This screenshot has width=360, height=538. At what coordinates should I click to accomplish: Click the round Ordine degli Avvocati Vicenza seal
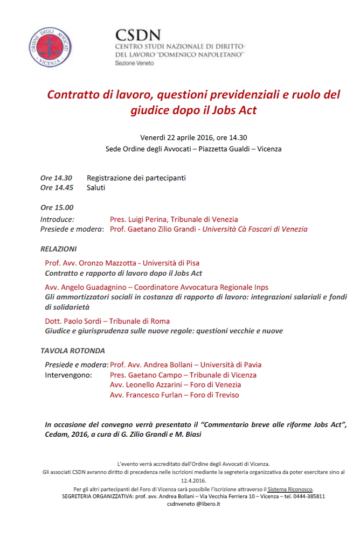(x=50, y=47)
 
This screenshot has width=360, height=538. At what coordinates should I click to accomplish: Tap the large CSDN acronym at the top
(x=138, y=36)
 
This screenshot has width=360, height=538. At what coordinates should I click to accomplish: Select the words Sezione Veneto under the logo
(x=134, y=64)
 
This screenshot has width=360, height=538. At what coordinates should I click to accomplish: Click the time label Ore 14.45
(x=57, y=188)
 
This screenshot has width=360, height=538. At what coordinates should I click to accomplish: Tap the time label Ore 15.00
(x=57, y=207)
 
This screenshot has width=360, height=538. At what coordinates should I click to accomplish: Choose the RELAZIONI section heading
(x=58, y=249)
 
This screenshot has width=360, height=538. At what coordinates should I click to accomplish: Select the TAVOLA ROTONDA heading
(x=73, y=351)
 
